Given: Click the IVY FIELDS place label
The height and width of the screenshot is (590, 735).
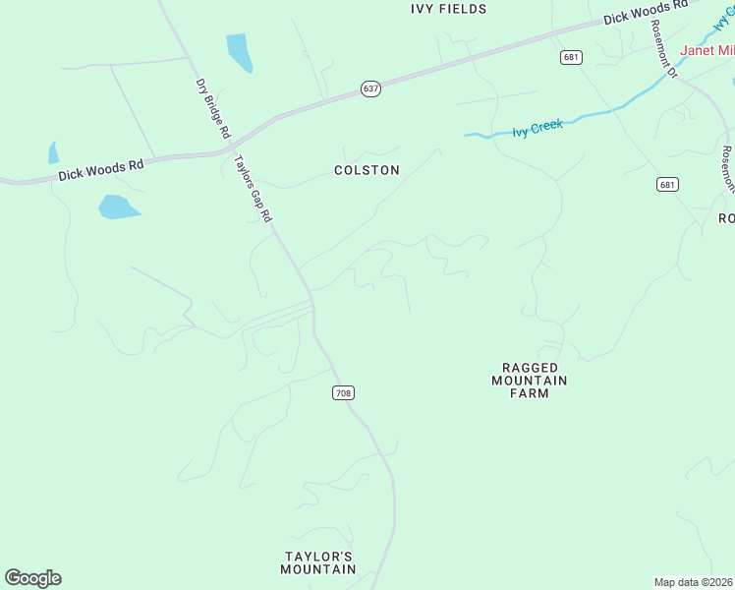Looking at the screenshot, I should click(x=448, y=9).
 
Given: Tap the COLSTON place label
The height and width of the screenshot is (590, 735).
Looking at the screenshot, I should click(x=367, y=170).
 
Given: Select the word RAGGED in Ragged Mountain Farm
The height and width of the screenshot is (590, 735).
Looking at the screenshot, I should click(x=530, y=368).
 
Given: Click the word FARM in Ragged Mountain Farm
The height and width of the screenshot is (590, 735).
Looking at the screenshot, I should click(x=529, y=393).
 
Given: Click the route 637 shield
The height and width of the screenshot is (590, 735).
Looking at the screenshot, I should click(x=370, y=88).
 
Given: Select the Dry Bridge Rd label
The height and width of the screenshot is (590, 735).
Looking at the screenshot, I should click(x=213, y=108).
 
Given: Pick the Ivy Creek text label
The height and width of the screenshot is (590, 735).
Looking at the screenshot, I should click(x=537, y=128).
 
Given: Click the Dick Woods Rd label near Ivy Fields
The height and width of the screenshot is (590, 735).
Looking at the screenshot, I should click(x=646, y=12).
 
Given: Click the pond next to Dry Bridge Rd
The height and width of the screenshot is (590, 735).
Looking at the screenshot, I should click(x=240, y=52).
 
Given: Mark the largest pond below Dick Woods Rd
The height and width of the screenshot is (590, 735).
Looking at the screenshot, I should click(x=118, y=206).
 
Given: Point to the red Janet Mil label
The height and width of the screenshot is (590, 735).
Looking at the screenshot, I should click(x=707, y=50).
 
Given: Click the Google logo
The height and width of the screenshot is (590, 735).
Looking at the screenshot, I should click(x=32, y=578).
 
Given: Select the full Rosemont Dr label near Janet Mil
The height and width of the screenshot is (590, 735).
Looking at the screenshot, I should click(x=665, y=50).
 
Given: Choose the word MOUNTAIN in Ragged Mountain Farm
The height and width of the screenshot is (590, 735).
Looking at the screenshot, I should click(x=530, y=381).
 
